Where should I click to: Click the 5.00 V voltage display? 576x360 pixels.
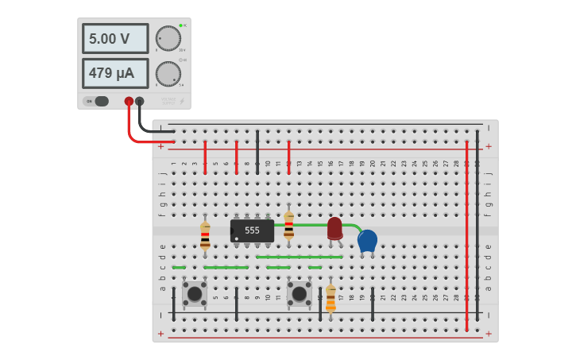coord(115,38)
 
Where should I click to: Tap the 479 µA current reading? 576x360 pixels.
coord(115,73)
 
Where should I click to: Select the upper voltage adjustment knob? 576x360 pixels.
coord(168,38)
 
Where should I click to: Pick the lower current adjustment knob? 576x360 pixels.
coord(168,74)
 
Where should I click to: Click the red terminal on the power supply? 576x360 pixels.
coord(129,101)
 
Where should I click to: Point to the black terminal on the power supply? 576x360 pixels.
coord(140,101)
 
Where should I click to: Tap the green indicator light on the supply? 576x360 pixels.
coord(181,25)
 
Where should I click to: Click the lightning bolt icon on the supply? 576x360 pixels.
coord(182,101)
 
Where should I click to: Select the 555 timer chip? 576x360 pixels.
coord(252,230)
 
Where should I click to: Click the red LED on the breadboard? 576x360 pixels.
coord(334,228)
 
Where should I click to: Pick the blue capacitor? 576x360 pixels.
coord(367,240)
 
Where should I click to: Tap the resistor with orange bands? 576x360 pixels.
coord(331,299)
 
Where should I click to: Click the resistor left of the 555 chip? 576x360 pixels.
coord(205,236)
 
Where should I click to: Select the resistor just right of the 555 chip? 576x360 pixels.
coord(288,226)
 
